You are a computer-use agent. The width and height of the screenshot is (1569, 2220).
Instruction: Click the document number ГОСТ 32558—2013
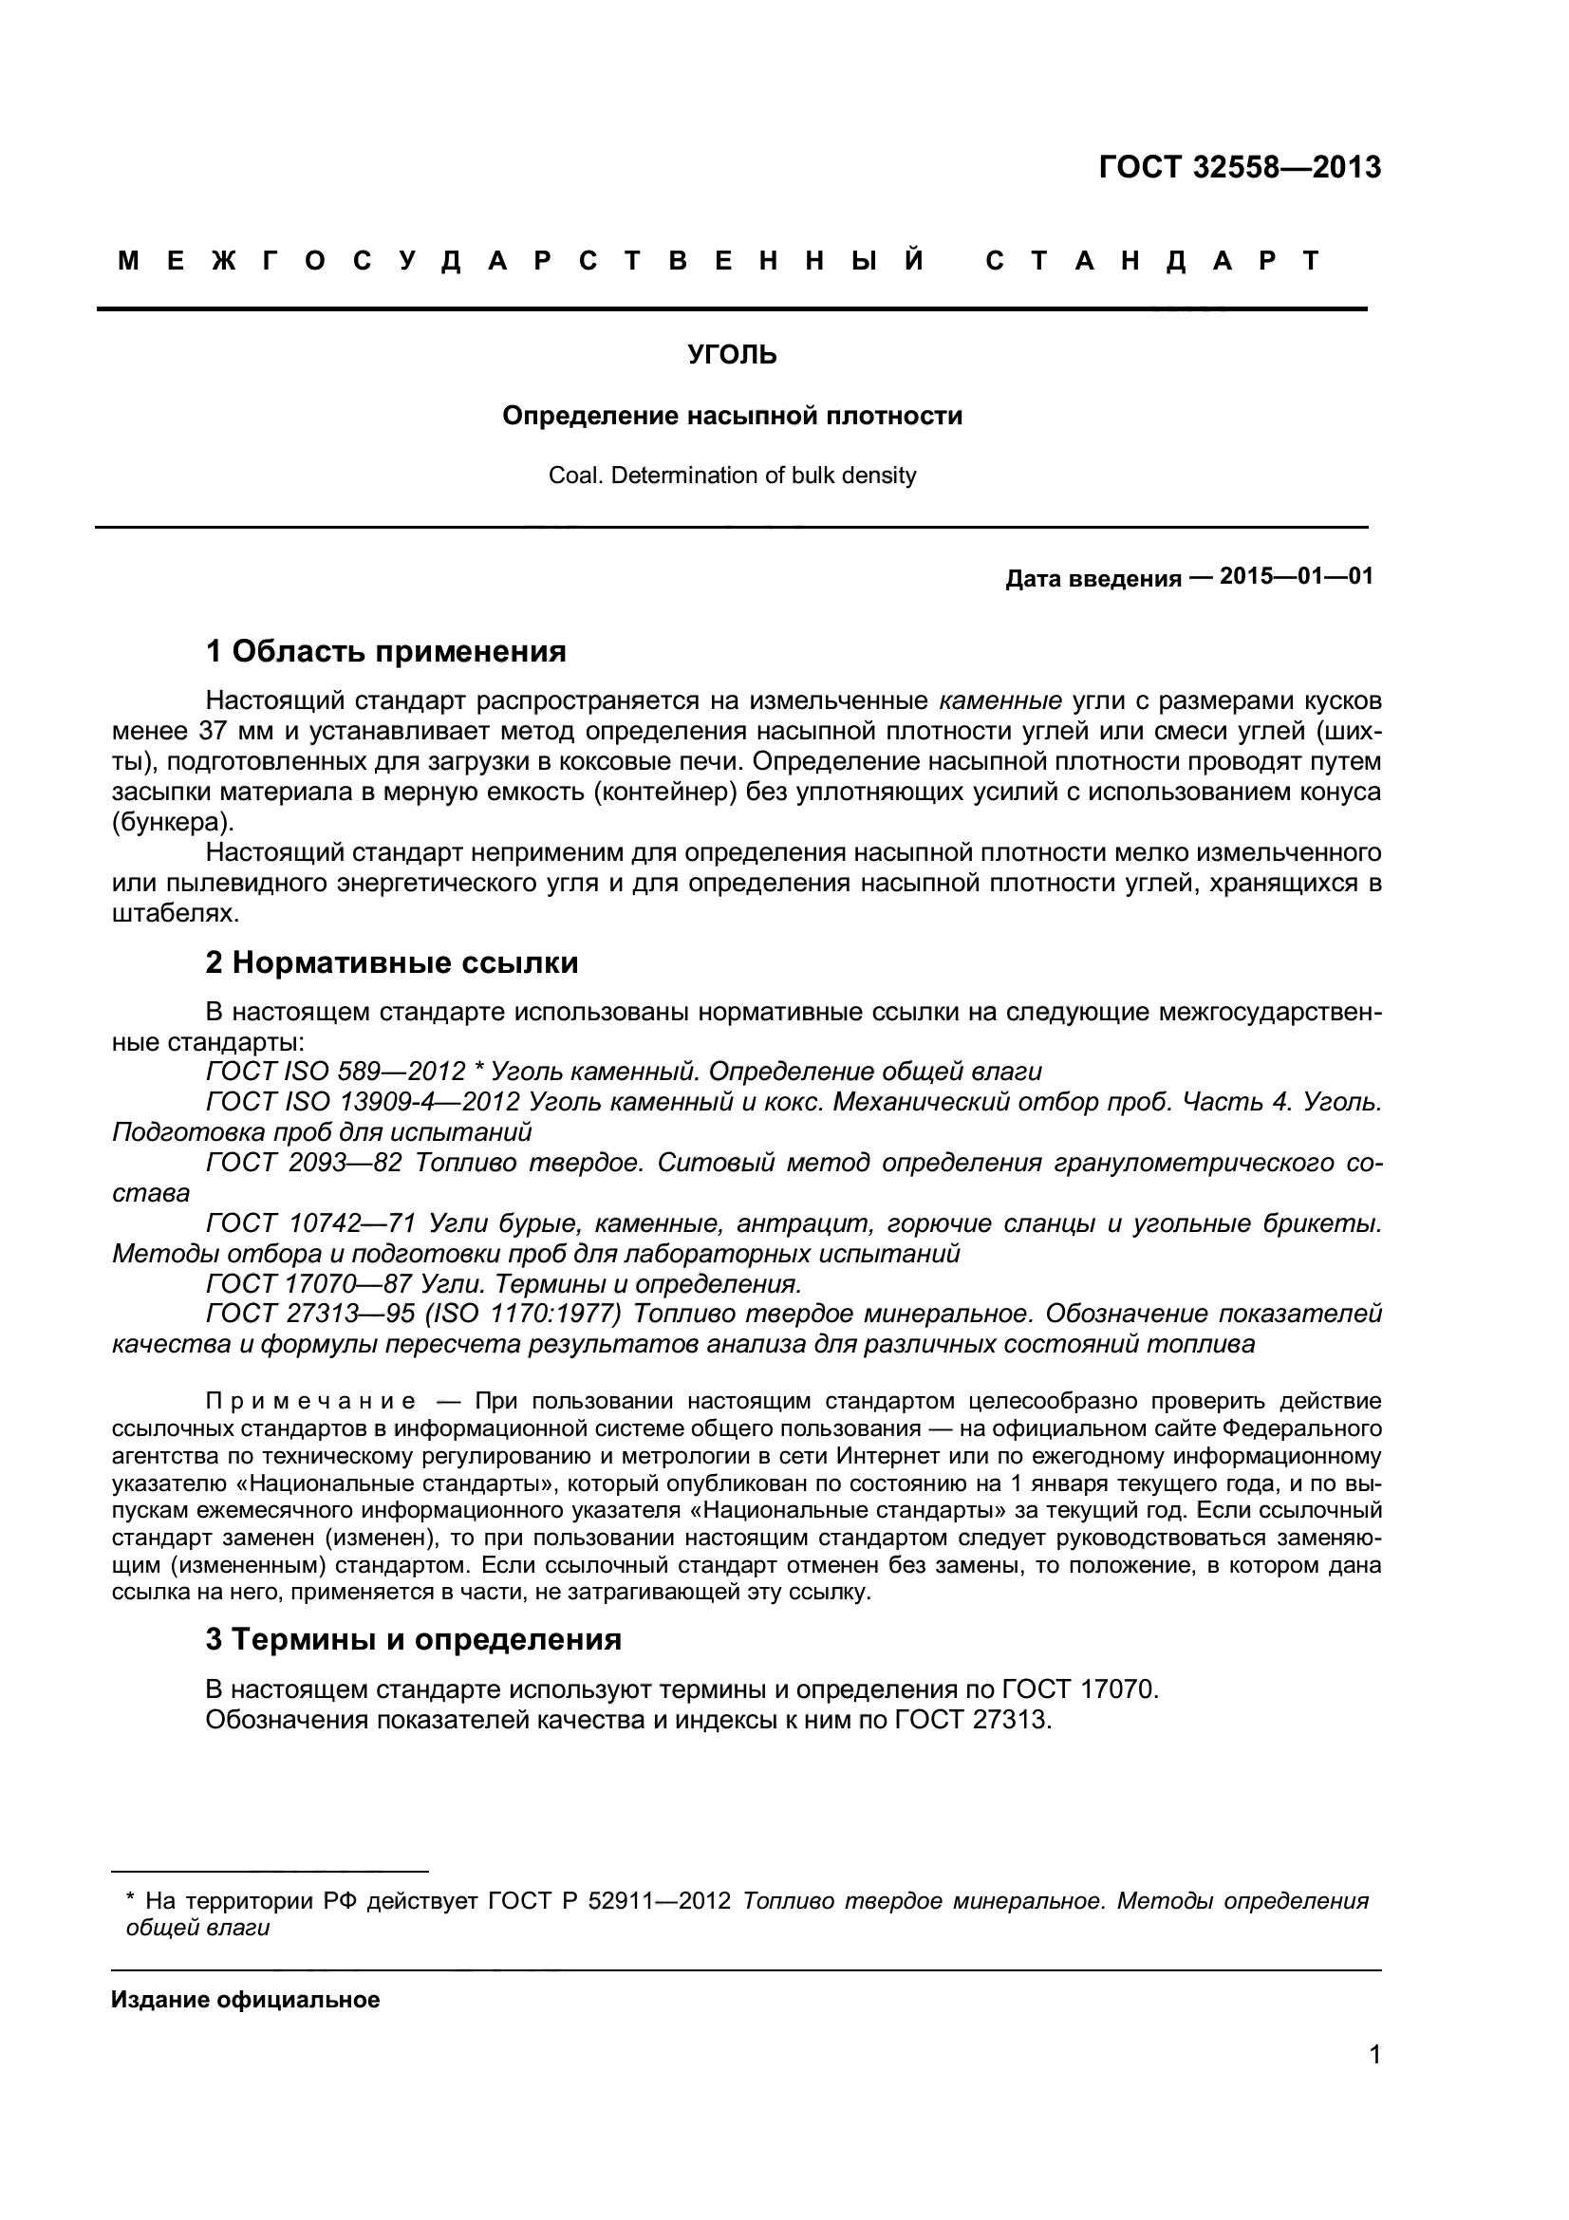(x=1240, y=168)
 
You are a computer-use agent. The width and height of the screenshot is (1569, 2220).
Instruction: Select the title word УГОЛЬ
(x=732, y=356)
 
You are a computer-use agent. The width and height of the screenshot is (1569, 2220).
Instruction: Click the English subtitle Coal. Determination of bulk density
(x=732, y=476)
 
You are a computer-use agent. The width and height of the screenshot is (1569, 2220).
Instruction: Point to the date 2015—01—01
(x=1296, y=577)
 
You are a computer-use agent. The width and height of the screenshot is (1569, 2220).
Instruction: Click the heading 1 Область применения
(x=385, y=652)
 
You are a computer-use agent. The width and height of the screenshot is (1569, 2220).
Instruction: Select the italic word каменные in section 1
(x=1000, y=700)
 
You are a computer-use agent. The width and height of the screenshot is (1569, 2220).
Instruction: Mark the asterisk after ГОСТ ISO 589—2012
(x=477, y=1071)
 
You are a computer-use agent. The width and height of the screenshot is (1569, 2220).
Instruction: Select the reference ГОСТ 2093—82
(x=304, y=1163)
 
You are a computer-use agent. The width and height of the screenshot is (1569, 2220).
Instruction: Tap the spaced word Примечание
(x=311, y=1402)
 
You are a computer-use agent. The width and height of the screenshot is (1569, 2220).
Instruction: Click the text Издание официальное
(x=246, y=2000)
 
